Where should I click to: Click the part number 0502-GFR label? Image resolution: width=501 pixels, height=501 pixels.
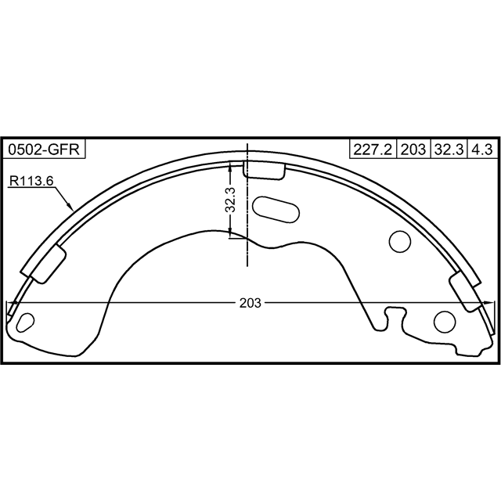click(x=44, y=150)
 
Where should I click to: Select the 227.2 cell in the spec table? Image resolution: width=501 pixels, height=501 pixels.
click(x=373, y=150)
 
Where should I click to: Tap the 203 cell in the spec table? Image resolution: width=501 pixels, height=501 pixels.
click(x=413, y=150)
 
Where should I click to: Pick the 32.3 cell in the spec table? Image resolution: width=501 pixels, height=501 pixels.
click(x=449, y=150)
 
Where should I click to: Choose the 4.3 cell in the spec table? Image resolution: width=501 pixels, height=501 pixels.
click(x=482, y=150)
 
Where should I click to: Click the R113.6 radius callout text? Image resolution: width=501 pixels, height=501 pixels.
click(x=31, y=181)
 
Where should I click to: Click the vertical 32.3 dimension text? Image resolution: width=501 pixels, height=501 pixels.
click(x=230, y=200)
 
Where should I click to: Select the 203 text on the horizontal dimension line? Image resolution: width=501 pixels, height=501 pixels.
click(x=250, y=303)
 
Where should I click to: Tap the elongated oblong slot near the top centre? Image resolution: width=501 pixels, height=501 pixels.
click(x=276, y=209)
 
